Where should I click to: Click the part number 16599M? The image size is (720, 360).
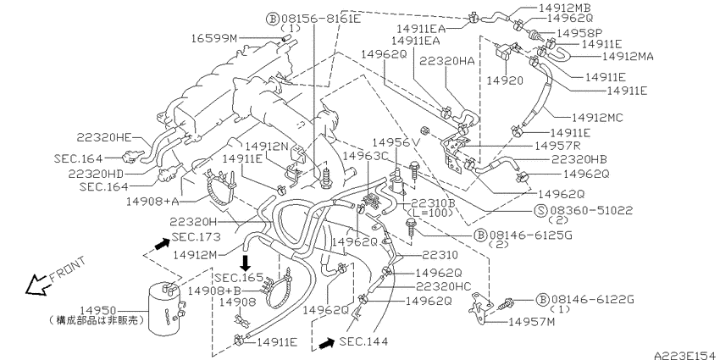coord(214,38)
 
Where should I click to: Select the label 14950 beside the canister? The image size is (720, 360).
coord(97,311)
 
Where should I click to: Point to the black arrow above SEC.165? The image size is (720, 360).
coord(246,263)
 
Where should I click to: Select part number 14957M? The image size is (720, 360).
coord(532,322)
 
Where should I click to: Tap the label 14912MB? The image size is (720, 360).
coord(564,8)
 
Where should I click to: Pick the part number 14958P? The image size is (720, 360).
coord(580,33)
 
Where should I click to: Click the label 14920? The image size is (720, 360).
coord(505,80)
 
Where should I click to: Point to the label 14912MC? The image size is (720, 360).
coord(597,118)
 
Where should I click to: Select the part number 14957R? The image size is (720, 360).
coord(558,146)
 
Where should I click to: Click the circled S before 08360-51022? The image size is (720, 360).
coord(540,210)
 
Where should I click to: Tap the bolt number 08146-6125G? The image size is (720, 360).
coord(529,235)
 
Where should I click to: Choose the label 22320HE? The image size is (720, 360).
coord(104,136)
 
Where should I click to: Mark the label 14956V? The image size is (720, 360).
coord(396,143)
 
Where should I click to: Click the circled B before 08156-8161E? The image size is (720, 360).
coord(273,19)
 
